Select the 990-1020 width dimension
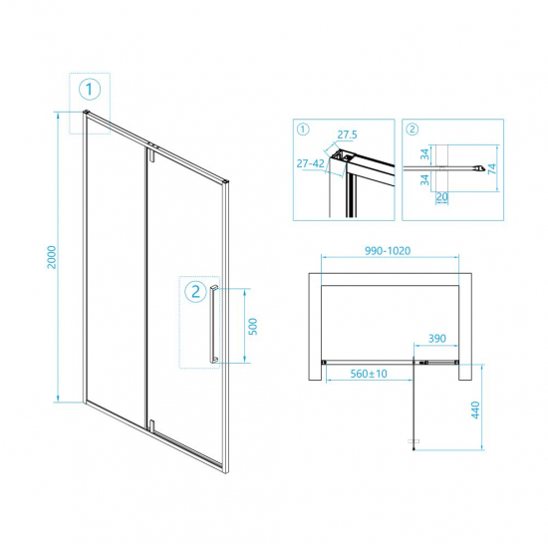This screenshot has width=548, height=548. [x=393, y=254]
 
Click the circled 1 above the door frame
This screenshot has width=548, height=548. [x=90, y=91]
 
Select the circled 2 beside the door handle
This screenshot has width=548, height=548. [x=195, y=292]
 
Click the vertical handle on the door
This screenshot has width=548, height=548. [x=211, y=324]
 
